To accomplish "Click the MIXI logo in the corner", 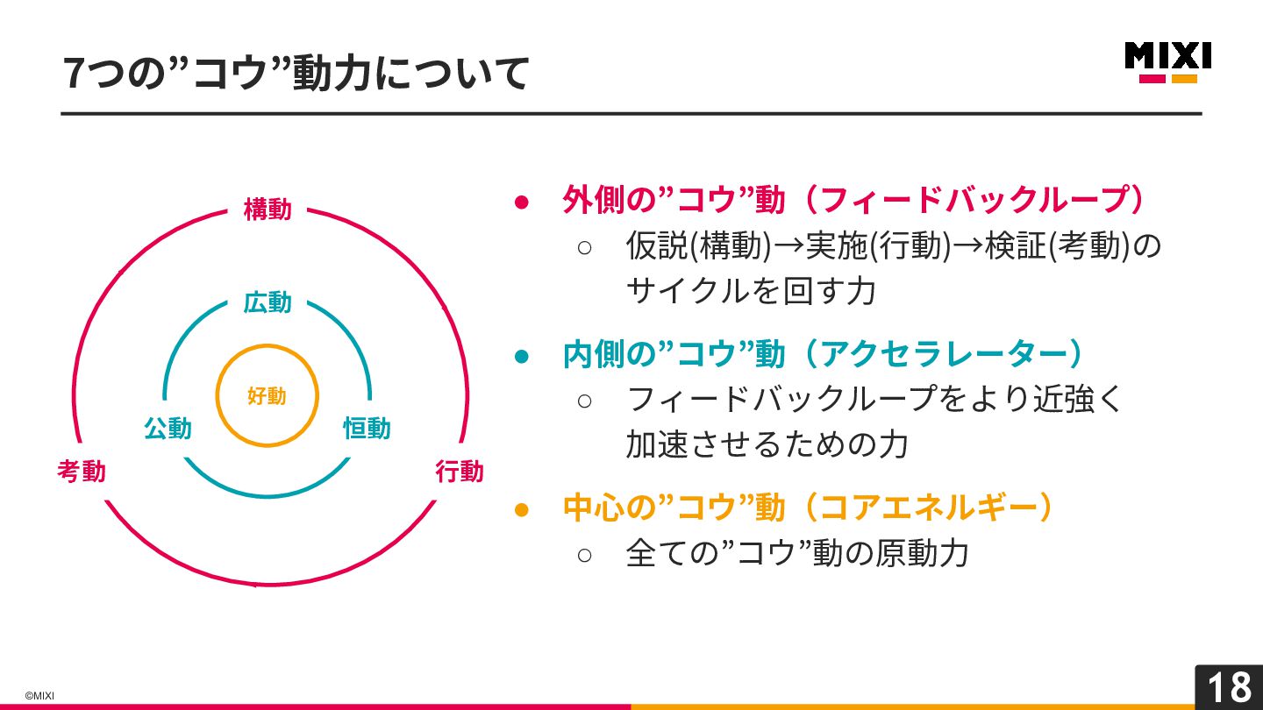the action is click(x=1167, y=61).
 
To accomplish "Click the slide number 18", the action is click(x=1229, y=687).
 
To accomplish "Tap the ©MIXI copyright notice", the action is click(x=39, y=696).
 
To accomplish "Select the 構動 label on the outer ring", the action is click(x=268, y=210).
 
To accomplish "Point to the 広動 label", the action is click(x=268, y=303).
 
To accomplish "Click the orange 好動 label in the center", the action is click(x=267, y=396).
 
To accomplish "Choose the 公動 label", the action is click(x=168, y=429).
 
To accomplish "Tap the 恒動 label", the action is click(x=367, y=429).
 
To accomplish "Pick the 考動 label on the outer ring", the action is click(x=82, y=472).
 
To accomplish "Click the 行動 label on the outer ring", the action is click(x=460, y=472).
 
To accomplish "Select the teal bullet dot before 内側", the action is click(x=522, y=356).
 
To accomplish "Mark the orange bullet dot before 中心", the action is click(x=522, y=509).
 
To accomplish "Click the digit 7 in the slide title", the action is click(x=74, y=74).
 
